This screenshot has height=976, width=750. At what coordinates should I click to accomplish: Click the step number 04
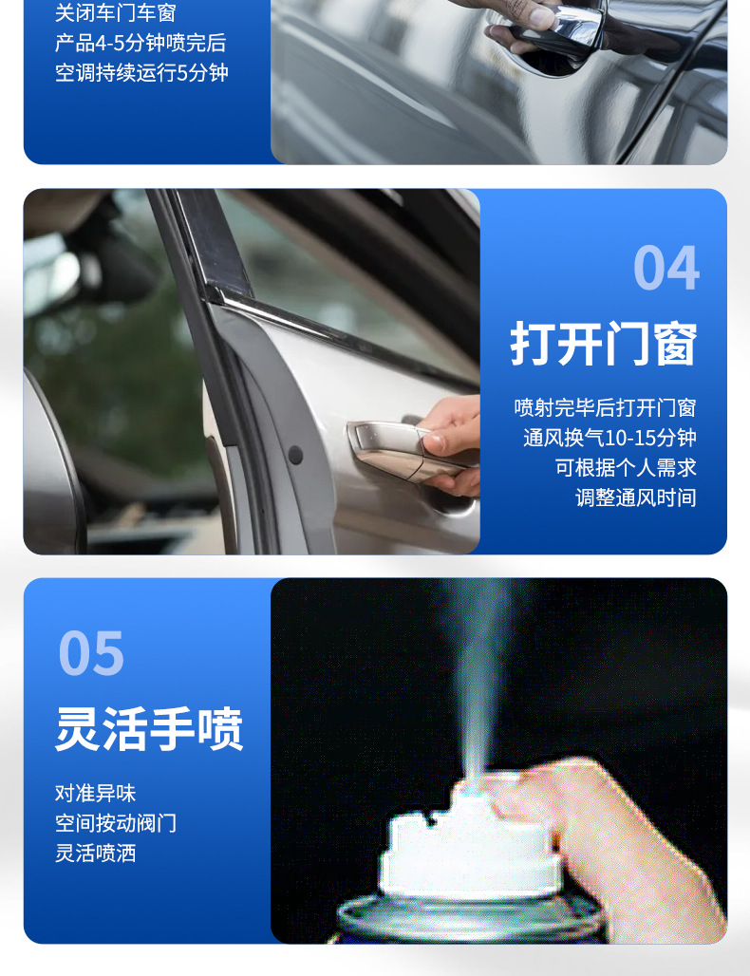pos(666,268)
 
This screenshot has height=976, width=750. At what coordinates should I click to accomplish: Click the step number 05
pos(91,653)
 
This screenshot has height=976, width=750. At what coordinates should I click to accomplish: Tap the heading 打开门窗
pos(604,344)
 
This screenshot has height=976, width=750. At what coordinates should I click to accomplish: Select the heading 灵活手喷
pos(149,729)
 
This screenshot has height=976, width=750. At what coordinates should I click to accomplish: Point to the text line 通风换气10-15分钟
pos(609,438)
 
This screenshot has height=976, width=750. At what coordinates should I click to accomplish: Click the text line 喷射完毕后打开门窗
pos(605,408)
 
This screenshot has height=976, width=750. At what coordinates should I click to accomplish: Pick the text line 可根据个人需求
pos(626,467)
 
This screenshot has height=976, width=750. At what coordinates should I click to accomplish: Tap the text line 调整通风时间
pos(635,497)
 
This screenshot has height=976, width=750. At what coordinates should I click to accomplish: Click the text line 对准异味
pos(95,793)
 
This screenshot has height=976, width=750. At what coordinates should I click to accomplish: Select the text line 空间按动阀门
pos(116,823)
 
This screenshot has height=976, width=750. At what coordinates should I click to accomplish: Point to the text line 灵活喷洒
pos(95,853)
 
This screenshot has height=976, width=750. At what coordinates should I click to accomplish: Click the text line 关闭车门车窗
pos(115,13)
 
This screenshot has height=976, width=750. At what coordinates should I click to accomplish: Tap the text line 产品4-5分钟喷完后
pos(141,44)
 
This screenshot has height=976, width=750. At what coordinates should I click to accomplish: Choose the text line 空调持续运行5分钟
pos(141,73)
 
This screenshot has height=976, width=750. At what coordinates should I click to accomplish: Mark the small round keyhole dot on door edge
pos(295,456)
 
